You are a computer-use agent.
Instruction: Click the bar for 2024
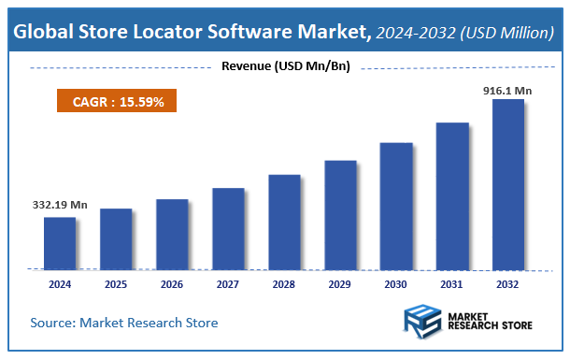point(59,243)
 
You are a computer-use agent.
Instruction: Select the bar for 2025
point(115,238)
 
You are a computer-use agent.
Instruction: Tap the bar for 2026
point(171,234)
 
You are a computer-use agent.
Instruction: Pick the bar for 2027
point(227,228)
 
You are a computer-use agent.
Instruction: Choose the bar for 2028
point(284,222)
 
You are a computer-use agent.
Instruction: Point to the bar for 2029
point(340,214)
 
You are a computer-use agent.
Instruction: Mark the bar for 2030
point(396,206)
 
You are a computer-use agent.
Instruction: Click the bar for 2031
point(452,195)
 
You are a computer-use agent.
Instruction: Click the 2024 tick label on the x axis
point(59,283)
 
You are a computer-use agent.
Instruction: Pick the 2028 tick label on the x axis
point(284,283)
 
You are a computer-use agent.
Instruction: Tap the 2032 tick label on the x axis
point(508,283)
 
